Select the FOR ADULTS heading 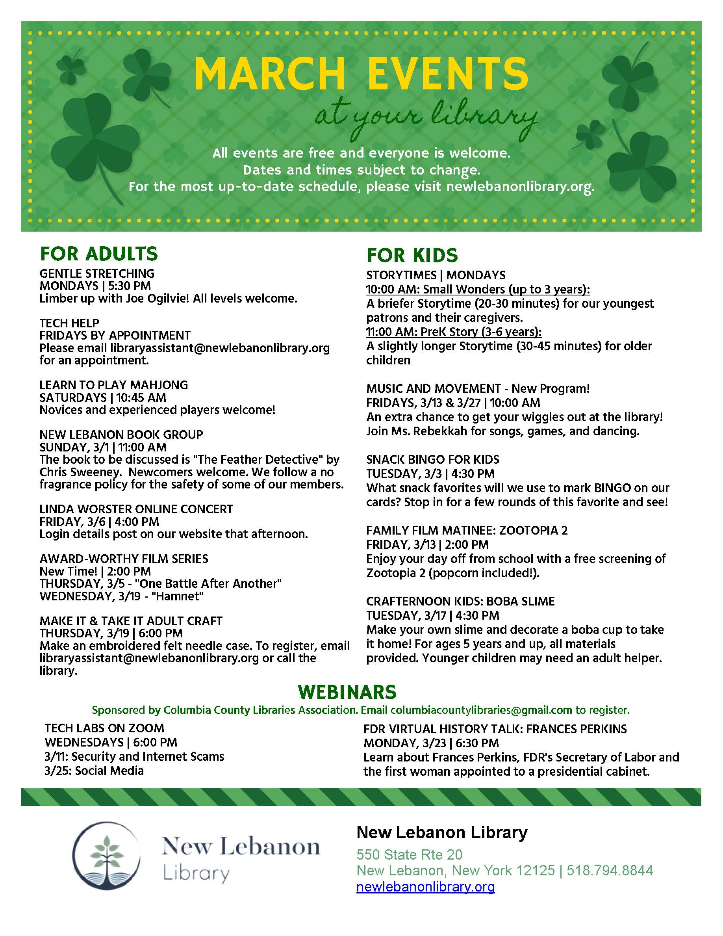(99, 254)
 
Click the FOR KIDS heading (412, 255)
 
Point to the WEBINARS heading (347, 692)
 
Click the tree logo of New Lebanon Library (106, 856)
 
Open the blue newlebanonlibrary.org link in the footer (425, 887)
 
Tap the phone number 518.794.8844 (610, 871)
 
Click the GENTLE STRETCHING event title (97, 273)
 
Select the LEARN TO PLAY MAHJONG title (113, 385)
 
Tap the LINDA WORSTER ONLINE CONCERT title (136, 509)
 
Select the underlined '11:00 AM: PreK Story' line (454, 332)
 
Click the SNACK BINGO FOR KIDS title (433, 459)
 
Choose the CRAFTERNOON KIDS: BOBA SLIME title (460, 601)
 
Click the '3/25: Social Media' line (94, 771)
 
